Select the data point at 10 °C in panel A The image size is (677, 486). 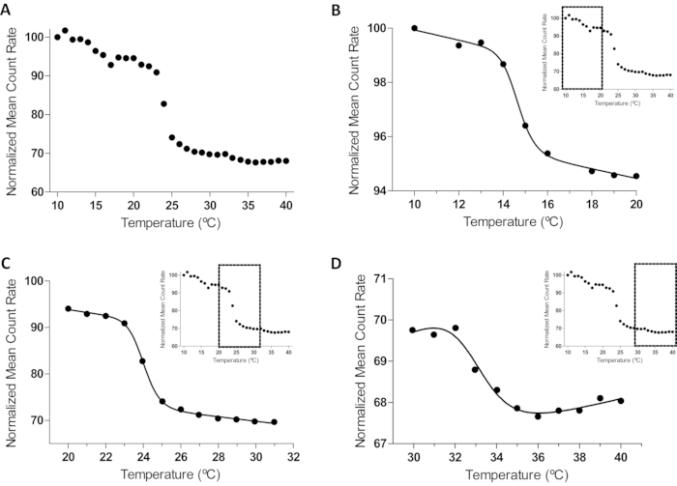(x=57, y=37)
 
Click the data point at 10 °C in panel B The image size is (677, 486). (x=415, y=28)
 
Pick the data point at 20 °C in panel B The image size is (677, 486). (x=635, y=176)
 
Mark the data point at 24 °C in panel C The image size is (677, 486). (x=142, y=361)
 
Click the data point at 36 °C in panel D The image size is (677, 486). (x=538, y=415)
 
